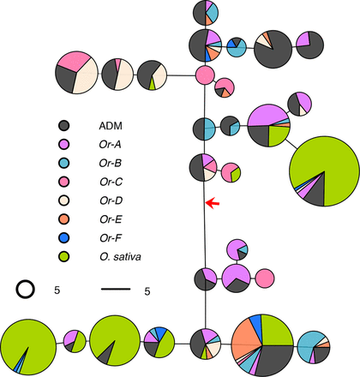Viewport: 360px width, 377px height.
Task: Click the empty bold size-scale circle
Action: pos(27,290)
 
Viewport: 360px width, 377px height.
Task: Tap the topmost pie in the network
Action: pos(205,13)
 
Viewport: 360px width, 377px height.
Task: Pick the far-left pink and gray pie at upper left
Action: pos(76,73)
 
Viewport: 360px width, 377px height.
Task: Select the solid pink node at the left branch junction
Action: pos(205,75)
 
